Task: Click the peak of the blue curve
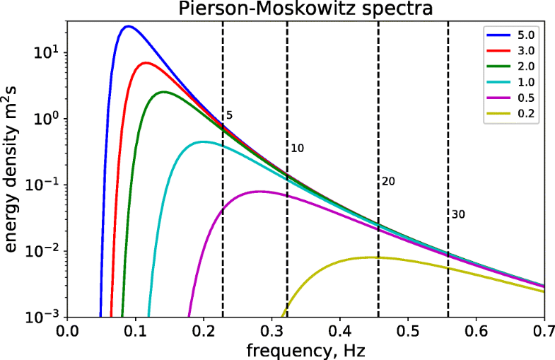(127, 26)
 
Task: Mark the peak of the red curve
(145, 63)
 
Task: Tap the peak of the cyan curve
(203, 141)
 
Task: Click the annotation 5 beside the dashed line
(229, 116)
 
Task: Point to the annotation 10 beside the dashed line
(297, 149)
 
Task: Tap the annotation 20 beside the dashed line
(387, 182)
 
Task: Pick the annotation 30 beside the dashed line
(457, 214)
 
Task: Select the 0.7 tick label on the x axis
(544, 330)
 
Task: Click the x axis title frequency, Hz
(305, 349)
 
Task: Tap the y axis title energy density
(12, 170)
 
